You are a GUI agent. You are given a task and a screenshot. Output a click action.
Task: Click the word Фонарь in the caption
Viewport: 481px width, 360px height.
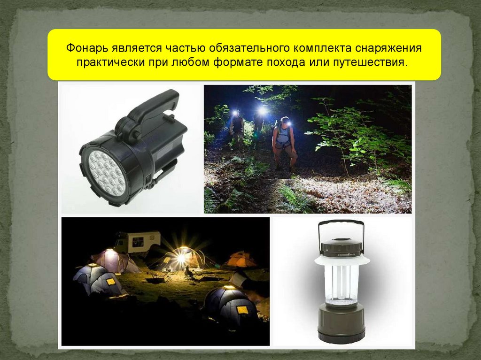87,48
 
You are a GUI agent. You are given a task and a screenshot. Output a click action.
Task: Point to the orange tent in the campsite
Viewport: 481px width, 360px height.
240,260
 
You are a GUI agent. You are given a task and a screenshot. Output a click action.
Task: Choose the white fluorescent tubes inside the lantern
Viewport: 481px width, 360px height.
341,283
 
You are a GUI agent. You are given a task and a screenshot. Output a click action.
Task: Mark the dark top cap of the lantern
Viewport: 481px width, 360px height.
341,247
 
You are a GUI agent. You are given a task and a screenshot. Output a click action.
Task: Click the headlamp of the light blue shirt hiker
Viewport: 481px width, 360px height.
289,123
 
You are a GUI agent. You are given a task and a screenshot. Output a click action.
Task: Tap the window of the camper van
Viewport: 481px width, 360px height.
138,242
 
